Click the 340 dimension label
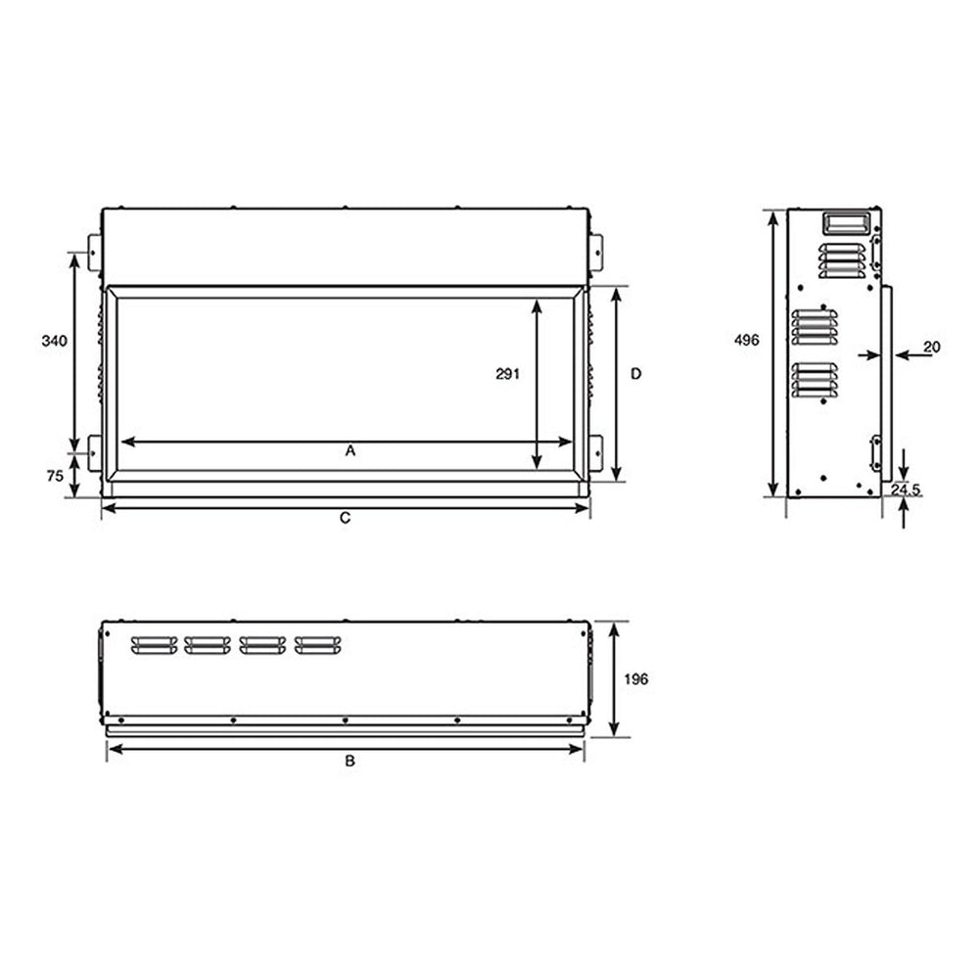point(54,342)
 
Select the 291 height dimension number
point(506,373)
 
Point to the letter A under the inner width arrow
point(350,451)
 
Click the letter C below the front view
point(345,519)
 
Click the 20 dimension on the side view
point(931,347)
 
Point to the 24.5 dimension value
point(906,489)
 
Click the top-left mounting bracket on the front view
point(95,252)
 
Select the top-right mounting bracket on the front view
point(596,252)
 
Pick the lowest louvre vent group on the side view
point(815,380)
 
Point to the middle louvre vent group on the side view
point(815,327)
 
